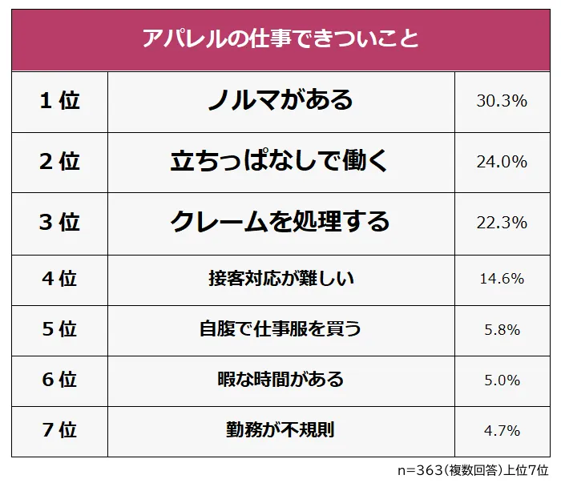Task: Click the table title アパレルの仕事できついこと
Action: pos(280,38)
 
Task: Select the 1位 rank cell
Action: pos(60,101)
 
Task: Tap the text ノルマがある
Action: pos(280,100)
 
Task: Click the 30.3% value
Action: pos(502,101)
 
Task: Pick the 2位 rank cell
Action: pos(60,161)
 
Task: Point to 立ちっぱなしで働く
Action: pos(280,161)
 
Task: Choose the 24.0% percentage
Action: pos(502,162)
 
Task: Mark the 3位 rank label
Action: pos(60,222)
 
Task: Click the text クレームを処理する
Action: pos(280,222)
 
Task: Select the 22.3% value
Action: pos(502,223)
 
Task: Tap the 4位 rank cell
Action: pos(60,279)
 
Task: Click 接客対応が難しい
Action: pos(280,279)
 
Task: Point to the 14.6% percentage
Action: pos(502,280)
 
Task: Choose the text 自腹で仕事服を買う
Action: pos(280,329)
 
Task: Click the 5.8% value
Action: pos(502,330)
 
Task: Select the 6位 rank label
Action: pos(60,380)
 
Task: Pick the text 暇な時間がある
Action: pos(280,380)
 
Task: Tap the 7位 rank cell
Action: pos(60,430)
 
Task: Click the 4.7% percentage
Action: pos(502,431)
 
